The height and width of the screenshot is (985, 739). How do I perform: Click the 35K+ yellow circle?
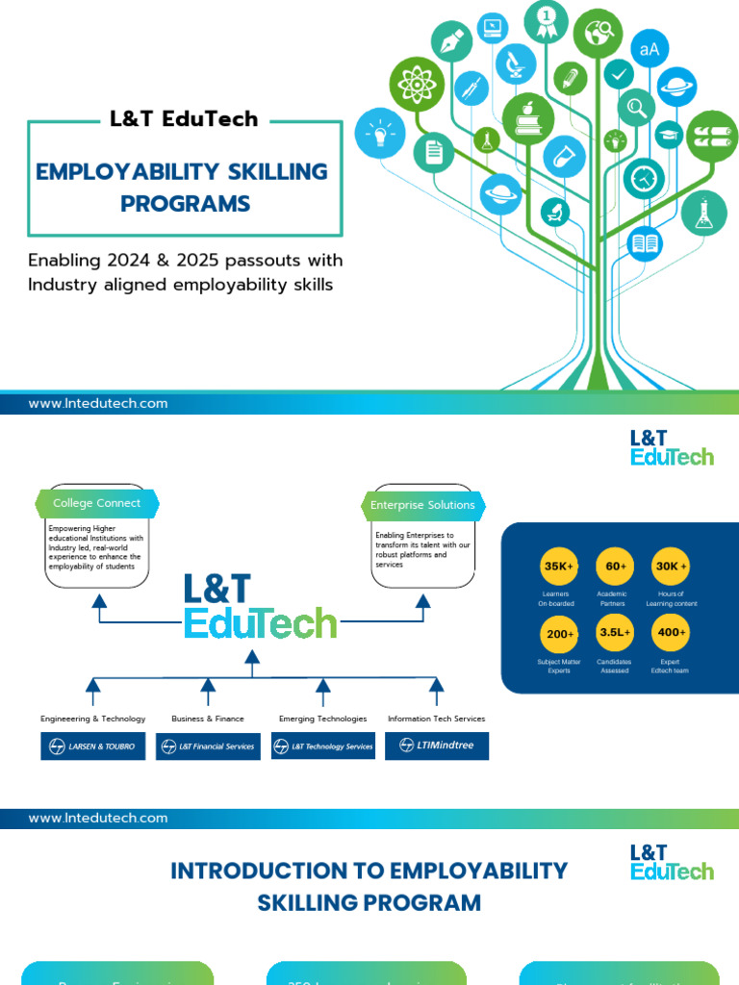pyautogui.click(x=558, y=567)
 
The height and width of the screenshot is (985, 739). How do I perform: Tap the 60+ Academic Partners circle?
pyautogui.click(x=615, y=567)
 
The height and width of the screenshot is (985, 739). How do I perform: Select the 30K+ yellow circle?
pyautogui.click(x=671, y=567)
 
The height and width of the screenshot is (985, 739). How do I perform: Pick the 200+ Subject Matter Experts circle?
pyautogui.click(x=558, y=634)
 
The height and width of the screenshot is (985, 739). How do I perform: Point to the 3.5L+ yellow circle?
pyautogui.click(x=615, y=634)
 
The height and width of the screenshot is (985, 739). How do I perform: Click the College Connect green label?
pyautogui.click(x=96, y=503)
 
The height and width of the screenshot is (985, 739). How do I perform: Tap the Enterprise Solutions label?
pyautogui.click(x=422, y=505)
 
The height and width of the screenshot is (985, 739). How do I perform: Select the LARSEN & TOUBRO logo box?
pyautogui.click(x=93, y=746)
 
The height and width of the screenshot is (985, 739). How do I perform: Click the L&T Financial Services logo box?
pyautogui.click(x=208, y=746)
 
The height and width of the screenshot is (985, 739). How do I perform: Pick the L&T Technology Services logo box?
pyautogui.click(x=323, y=746)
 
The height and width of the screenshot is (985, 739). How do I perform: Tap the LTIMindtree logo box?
pyautogui.click(x=437, y=745)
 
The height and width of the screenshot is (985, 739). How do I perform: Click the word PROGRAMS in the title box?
pyautogui.click(x=185, y=204)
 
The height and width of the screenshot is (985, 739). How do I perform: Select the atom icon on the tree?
pyautogui.click(x=417, y=84)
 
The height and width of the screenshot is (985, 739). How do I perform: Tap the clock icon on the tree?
pyautogui.click(x=643, y=178)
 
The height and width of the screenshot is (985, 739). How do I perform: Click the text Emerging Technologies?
pyautogui.click(x=322, y=719)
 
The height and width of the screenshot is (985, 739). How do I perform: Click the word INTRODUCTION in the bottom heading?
pyautogui.click(x=233, y=871)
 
